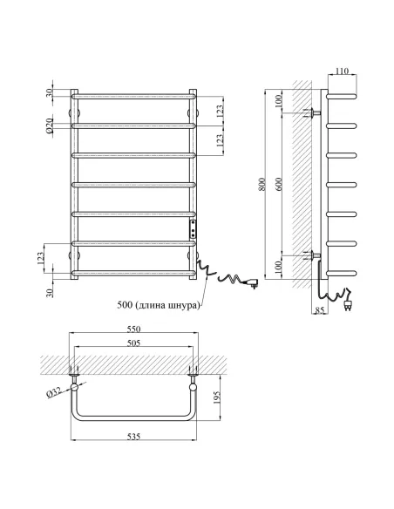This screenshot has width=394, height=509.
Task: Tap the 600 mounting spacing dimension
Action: pos(280,184)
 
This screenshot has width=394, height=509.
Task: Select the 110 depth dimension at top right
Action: pos(342,71)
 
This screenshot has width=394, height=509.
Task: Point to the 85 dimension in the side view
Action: pos(320,310)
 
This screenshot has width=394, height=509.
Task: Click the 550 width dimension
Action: pos(133,329)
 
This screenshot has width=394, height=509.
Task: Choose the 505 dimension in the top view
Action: pos(133,343)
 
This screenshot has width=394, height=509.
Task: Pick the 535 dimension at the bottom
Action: pos(133,437)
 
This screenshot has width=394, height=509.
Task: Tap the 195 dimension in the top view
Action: pos(216,397)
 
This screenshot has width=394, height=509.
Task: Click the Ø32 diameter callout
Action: pos(54,393)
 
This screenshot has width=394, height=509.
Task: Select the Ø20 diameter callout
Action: pos(49,126)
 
